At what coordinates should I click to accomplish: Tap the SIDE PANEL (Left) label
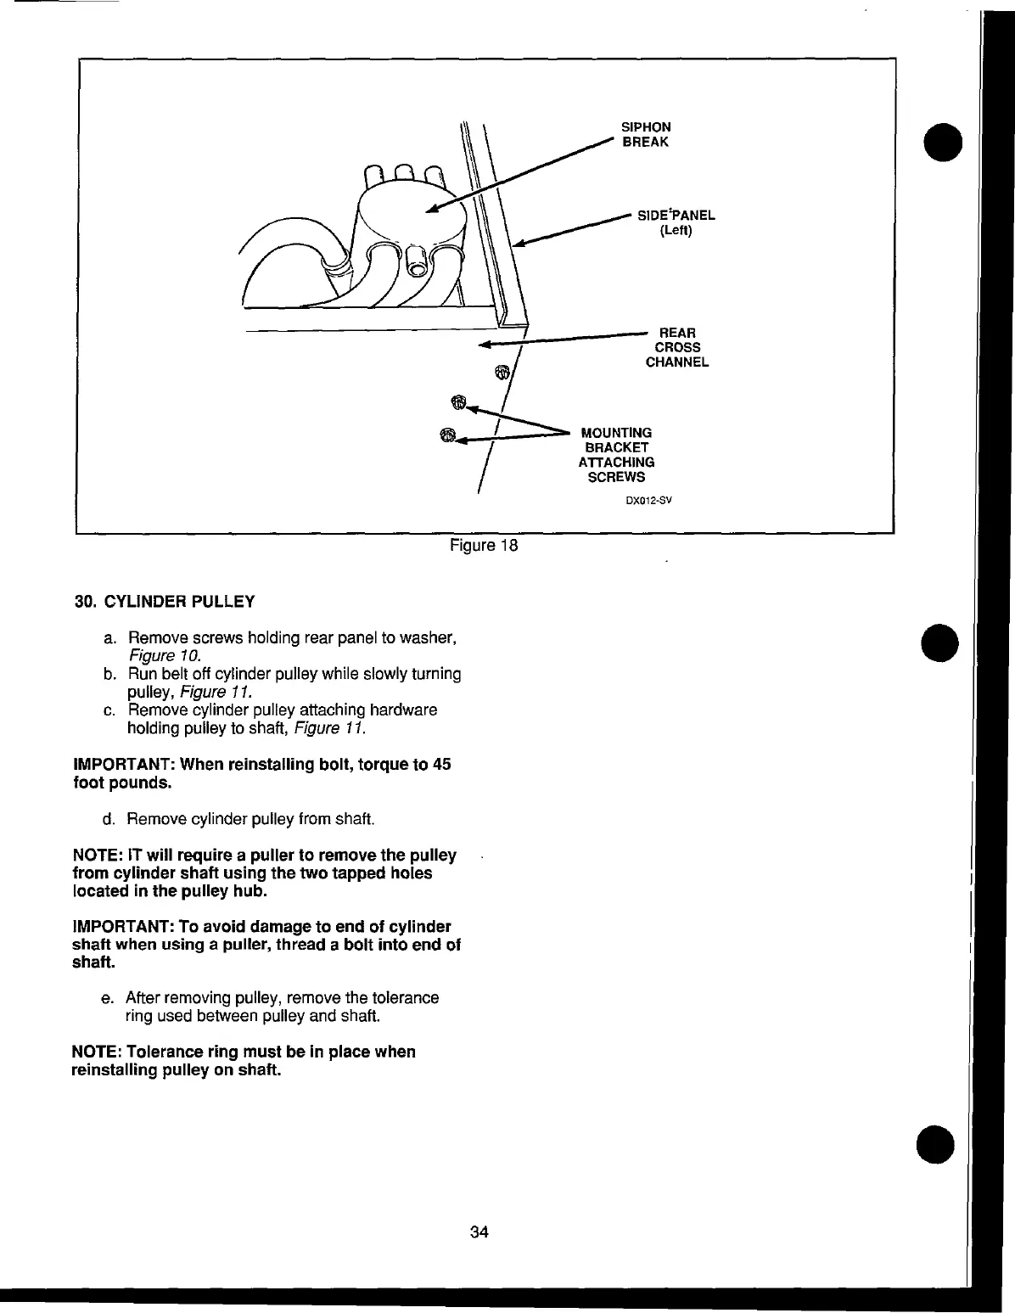coord(676,222)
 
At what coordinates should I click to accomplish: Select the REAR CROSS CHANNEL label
coord(677,347)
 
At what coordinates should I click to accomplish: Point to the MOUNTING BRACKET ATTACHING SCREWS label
coord(616,455)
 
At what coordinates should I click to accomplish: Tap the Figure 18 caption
coord(484,546)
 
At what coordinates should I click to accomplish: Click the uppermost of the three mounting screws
coord(502,372)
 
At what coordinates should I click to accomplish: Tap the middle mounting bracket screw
coord(458,401)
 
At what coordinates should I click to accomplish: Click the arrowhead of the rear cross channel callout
coord(485,345)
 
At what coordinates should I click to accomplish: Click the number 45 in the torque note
coord(441,764)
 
